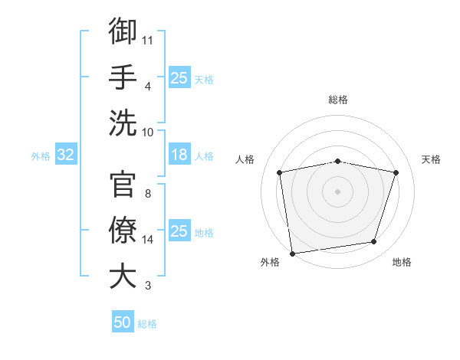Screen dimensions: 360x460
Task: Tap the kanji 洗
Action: click(123, 123)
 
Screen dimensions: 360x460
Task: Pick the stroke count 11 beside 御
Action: click(148, 38)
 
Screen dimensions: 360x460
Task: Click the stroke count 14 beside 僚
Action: click(148, 240)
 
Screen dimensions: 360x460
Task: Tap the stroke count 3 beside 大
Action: click(147, 286)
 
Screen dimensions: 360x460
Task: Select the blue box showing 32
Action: click(65, 155)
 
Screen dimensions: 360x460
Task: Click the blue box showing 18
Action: click(179, 155)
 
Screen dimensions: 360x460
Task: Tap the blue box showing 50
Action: click(123, 323)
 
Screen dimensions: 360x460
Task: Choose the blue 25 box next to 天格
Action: click(179, 78)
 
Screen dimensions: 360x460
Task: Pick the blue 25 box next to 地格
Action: click(179, 231)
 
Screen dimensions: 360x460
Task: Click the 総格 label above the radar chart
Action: click(338, 100)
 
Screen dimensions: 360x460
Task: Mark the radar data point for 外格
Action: click(292, 253)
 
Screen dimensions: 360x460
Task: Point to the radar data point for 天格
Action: click(396, 173)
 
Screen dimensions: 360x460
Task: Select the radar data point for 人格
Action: click(280, 173)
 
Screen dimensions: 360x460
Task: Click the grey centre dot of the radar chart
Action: click(338, 191)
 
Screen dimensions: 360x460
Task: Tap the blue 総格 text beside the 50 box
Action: click(148, 324)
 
